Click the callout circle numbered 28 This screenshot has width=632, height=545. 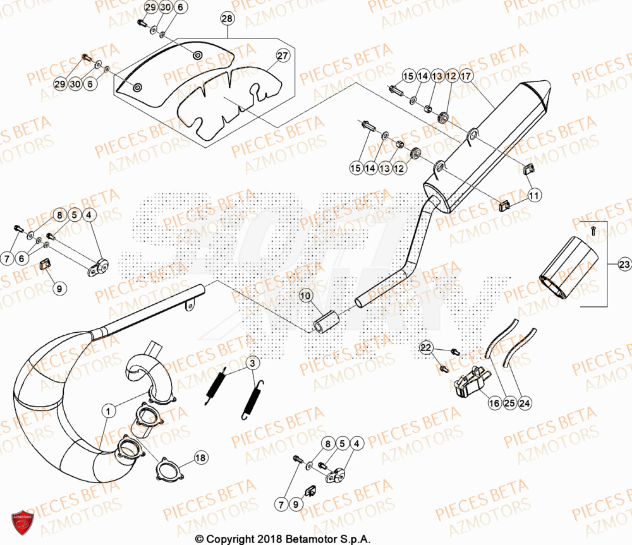click(227, 20)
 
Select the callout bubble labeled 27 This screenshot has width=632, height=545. click(282, 56)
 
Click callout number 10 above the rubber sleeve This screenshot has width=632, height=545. click(305, 296)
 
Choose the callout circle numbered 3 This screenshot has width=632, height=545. click(252, 363)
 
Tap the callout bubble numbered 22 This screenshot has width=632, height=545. click(426, 349)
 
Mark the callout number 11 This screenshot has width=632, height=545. click(534, 196)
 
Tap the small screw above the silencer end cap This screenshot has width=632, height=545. click(593, 232)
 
